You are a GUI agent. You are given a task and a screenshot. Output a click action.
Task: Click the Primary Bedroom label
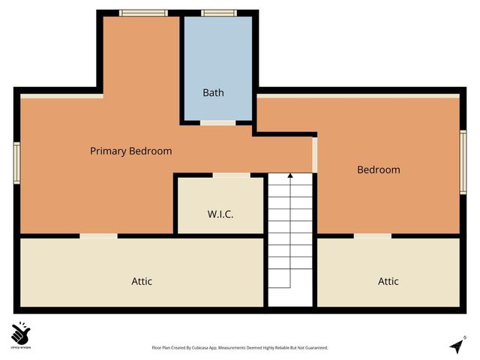click(x=130, y=151)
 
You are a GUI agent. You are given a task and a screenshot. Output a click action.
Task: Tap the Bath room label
click(x=213, y=93)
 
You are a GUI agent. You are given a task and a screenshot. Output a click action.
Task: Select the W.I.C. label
click(x=220, y=214)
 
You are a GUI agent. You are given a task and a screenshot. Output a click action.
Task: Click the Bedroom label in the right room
click(x=378, y=169)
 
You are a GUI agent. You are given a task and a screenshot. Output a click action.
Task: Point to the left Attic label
click(x=142, y=281)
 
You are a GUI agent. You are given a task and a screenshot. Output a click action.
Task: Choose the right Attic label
click(x=388, y=281)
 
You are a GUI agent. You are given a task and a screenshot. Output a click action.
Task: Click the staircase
click(x=290, y=232)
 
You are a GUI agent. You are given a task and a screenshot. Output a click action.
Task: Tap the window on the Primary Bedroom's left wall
click(x=16, y=163)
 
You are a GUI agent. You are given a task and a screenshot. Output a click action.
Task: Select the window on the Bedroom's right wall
click(x=463, y=162)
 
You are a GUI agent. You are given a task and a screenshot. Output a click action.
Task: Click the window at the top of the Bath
click(x=218, y=13)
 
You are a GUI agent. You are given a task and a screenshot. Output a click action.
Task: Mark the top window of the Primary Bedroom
click(x=138, y=13)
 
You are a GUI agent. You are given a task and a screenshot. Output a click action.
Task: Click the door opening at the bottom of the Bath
click(x=217, y=122)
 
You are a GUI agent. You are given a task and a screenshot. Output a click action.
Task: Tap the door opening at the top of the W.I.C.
click(x=231, y=175)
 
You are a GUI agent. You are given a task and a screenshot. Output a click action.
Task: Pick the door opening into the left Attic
click(x=98, y=236)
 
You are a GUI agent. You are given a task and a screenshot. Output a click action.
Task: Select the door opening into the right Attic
click(x=373, y=236)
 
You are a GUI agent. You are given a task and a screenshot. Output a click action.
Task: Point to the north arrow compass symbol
click(x=457, y=345)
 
